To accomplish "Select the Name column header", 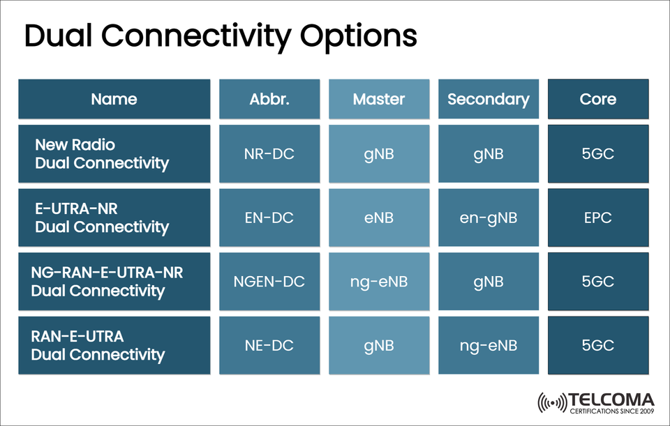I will click(114, 99).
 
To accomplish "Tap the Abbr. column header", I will click(269, 99).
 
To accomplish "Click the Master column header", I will click(378, 99).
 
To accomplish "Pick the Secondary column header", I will click(488, 99).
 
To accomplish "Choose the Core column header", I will click(598, 99).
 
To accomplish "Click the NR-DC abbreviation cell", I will click(269, 153).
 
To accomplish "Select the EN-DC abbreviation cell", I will click(269, 218).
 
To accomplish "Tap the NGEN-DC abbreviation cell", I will click(269, 282).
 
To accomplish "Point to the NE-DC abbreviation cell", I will click(269, 345).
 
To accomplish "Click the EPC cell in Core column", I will click(598, 218).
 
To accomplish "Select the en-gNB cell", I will click(488, 218).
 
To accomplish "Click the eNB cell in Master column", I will click(378, 218).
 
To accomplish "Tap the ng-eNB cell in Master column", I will click(378, 282).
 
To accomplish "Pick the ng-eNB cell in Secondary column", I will click(488, 345).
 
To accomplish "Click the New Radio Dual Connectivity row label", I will click(102, 154).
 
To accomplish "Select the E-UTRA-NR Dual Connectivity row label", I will click(102, 218).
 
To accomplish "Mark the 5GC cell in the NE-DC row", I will click(598, 345).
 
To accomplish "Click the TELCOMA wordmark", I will click(611, 400).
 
